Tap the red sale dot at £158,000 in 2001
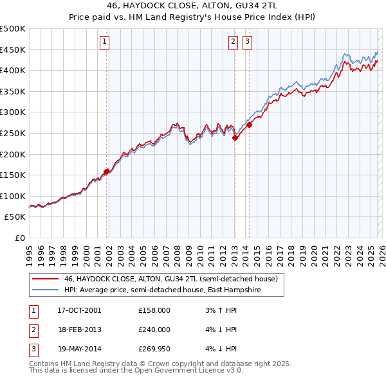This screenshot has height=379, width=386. click(x=106, y=172)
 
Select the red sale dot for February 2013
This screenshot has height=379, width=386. click(x=235, y=137)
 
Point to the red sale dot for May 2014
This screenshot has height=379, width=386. click(x=249, y=125)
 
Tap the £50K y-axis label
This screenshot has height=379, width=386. click(x=15, y=217)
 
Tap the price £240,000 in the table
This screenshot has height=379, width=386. click(x=154, y=330)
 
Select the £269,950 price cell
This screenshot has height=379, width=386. click(x=154, y=349)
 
